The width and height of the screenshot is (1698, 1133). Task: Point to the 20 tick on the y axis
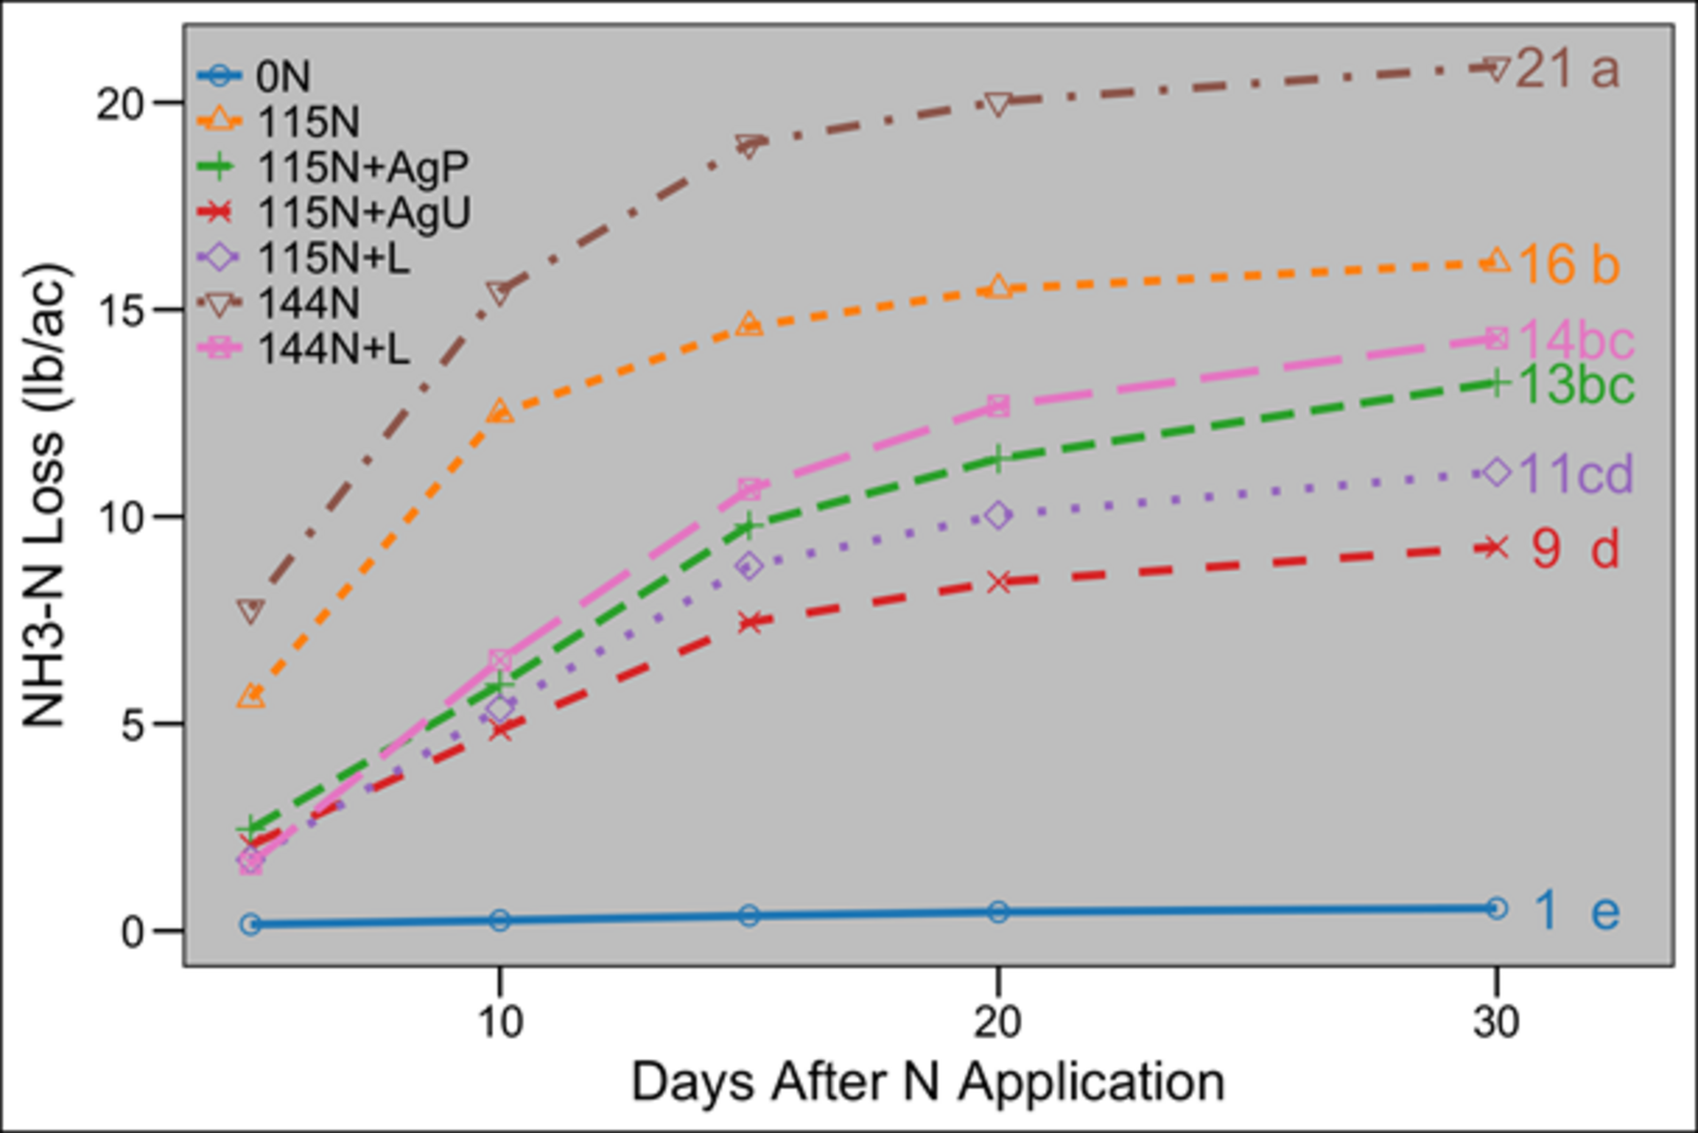[x=119, y=104]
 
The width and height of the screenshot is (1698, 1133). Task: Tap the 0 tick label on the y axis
[x=132, y=931]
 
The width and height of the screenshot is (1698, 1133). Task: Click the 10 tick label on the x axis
[x=500, y=1022]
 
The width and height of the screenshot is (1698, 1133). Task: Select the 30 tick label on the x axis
[x=1495, y=1022]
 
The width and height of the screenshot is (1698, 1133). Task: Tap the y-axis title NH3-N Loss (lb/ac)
[x=44, y=495]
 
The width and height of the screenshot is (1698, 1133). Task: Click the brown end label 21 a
[x=1567, y=69]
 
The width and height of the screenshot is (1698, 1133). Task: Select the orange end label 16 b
[x=1568, y=264]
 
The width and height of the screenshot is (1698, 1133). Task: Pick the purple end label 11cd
[x=1575, y=474]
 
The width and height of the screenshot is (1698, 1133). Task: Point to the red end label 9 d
[x=1575, y=548]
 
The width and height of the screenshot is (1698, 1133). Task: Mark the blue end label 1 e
[x=1575, y=910]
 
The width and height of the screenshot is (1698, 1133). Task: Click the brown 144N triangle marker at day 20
[x=998, y=103]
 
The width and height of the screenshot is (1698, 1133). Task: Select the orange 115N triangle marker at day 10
[x=500, y=411]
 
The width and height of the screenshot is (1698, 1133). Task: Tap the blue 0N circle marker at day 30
[x=1495, y=908]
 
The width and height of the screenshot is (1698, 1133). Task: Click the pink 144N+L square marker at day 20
[x=998, y=406]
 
